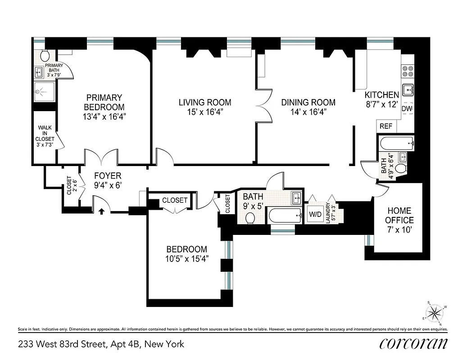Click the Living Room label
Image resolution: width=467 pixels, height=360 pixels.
pyautogui.click(x=205, y=103)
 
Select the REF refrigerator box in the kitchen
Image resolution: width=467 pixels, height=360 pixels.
pyautogui.click(x=386, y=126)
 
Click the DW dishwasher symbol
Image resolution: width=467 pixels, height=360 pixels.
pyautogui.click(x=407, y=109)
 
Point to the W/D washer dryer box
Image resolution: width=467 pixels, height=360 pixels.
pyautogui.click(x=314, y=215)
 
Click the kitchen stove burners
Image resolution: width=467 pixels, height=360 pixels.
pyautogui.click(x=408, y=71)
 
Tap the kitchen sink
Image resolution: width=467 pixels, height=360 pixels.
pyautogui.click(x=408, y=90)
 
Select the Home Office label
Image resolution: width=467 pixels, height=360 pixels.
pyautogui.click(x=399, y=216)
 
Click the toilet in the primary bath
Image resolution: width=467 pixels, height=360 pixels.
pyautogui.click(x=45, y=56)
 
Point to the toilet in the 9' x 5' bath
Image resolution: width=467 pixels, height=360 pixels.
pyautogui.click(x=251, y=218)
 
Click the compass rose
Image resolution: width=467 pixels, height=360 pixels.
pyautogui.click(x=435, y=312)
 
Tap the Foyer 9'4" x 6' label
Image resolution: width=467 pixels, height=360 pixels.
pyautogui.click(x=107, y=180)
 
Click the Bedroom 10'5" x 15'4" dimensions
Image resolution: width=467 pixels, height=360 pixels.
pyautogui.click(x=186, y=259)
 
